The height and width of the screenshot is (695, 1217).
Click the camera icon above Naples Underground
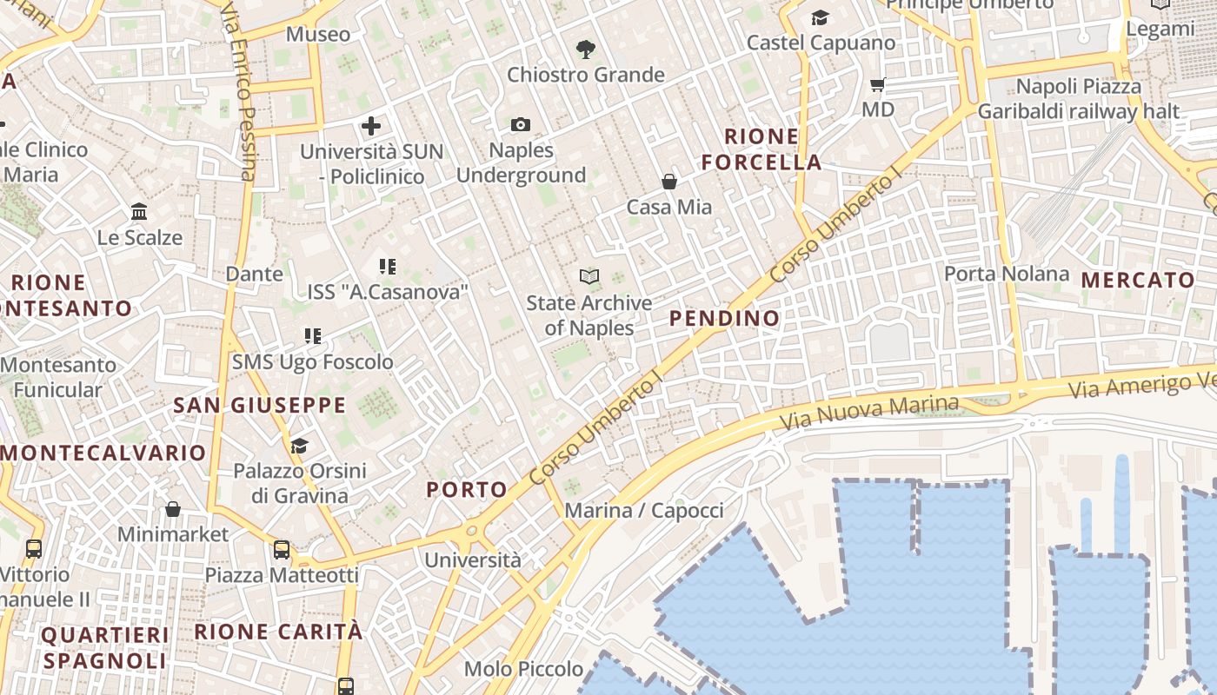521,125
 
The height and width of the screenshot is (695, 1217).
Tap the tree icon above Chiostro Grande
586,50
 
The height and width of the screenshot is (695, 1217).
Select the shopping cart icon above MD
877,85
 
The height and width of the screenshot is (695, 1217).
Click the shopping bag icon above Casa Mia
669,182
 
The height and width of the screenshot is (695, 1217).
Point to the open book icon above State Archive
589,277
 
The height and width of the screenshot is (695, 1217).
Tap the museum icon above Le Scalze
139,212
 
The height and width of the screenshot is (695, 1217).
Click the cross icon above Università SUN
371,126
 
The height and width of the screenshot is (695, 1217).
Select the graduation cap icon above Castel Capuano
820,17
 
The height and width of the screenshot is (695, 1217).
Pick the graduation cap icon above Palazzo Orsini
300,446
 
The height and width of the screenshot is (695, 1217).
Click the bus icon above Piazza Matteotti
282,549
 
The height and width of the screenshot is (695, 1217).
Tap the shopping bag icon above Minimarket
173,508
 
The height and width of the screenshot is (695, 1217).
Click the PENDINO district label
725,318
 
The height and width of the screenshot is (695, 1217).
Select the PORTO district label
467,490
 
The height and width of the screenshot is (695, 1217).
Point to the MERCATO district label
1139,280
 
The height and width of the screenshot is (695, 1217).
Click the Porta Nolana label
1007,274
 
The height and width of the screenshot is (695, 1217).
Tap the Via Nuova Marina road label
868,414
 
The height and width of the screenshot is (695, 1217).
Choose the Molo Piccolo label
523,669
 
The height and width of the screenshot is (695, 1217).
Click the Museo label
318,35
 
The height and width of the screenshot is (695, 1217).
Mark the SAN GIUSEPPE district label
260,405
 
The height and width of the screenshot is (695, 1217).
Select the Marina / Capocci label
644,510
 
